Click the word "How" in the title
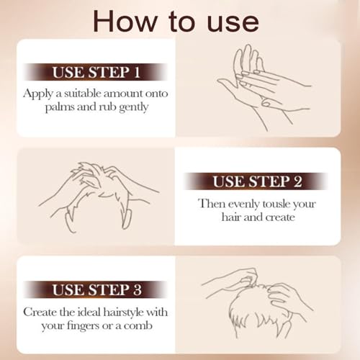pyautogui.click(x=125, y=21)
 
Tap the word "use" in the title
pyautogui.click(x=233, y=23)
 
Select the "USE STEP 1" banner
pyautogui.click(x=96, y=72)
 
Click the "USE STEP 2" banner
pyautogui.click(x=257, y=181)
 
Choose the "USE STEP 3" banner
pyautogui.click(x=96, y=289)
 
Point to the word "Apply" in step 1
pyautogui.click(x=38, y=94)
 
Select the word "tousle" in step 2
pyautogui.click(x=276, y=204)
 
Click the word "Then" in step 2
pyautogui.click(x=212, y=204)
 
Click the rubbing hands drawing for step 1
pyautogui.click(x=264, y=88)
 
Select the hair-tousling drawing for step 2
pyautogui.click(x=99, y=197)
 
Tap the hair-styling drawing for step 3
pyautogui.click(x=258, y=303)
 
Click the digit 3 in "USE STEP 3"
pyautogui.click(x=138, y=289)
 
